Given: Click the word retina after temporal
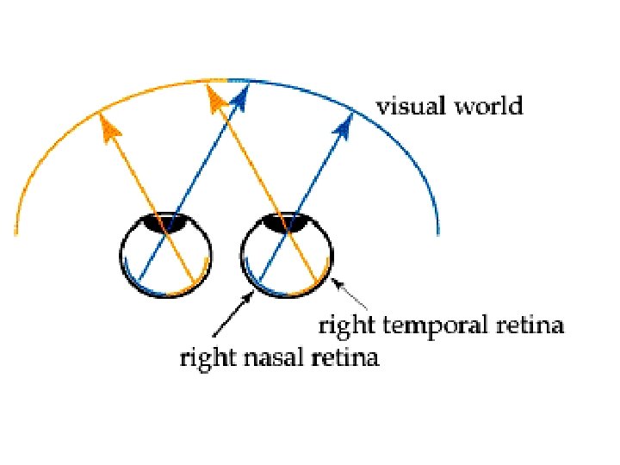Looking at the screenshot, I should pos(528,326).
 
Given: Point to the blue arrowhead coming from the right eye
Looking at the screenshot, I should pos(345,126).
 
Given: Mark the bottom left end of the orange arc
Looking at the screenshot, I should pos(15,231).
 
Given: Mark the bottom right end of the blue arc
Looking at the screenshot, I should pos(438,231).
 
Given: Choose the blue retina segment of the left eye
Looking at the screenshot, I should pos(138,286).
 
